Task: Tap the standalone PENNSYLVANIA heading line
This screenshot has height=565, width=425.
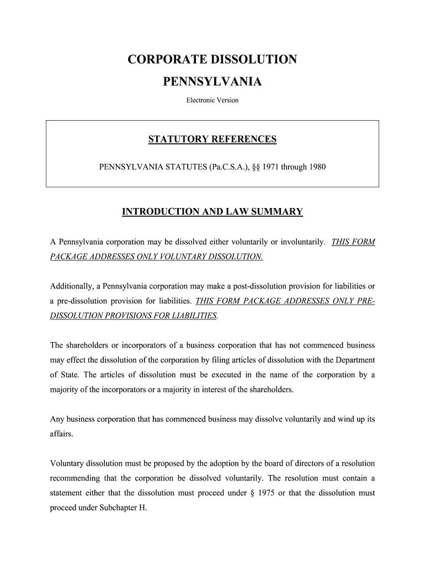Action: pyautogui.click(x=212, y=82)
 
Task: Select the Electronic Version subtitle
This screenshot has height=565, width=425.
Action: pyautogui.click(x=212, y=100)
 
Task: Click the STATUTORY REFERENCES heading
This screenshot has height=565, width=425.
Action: pyautogui.click(x=212, y=140)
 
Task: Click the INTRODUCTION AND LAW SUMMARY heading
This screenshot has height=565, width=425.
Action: pyautogui.click(x=212, y=212)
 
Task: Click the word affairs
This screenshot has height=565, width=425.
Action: pyautogui.click(x=61, y=434)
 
